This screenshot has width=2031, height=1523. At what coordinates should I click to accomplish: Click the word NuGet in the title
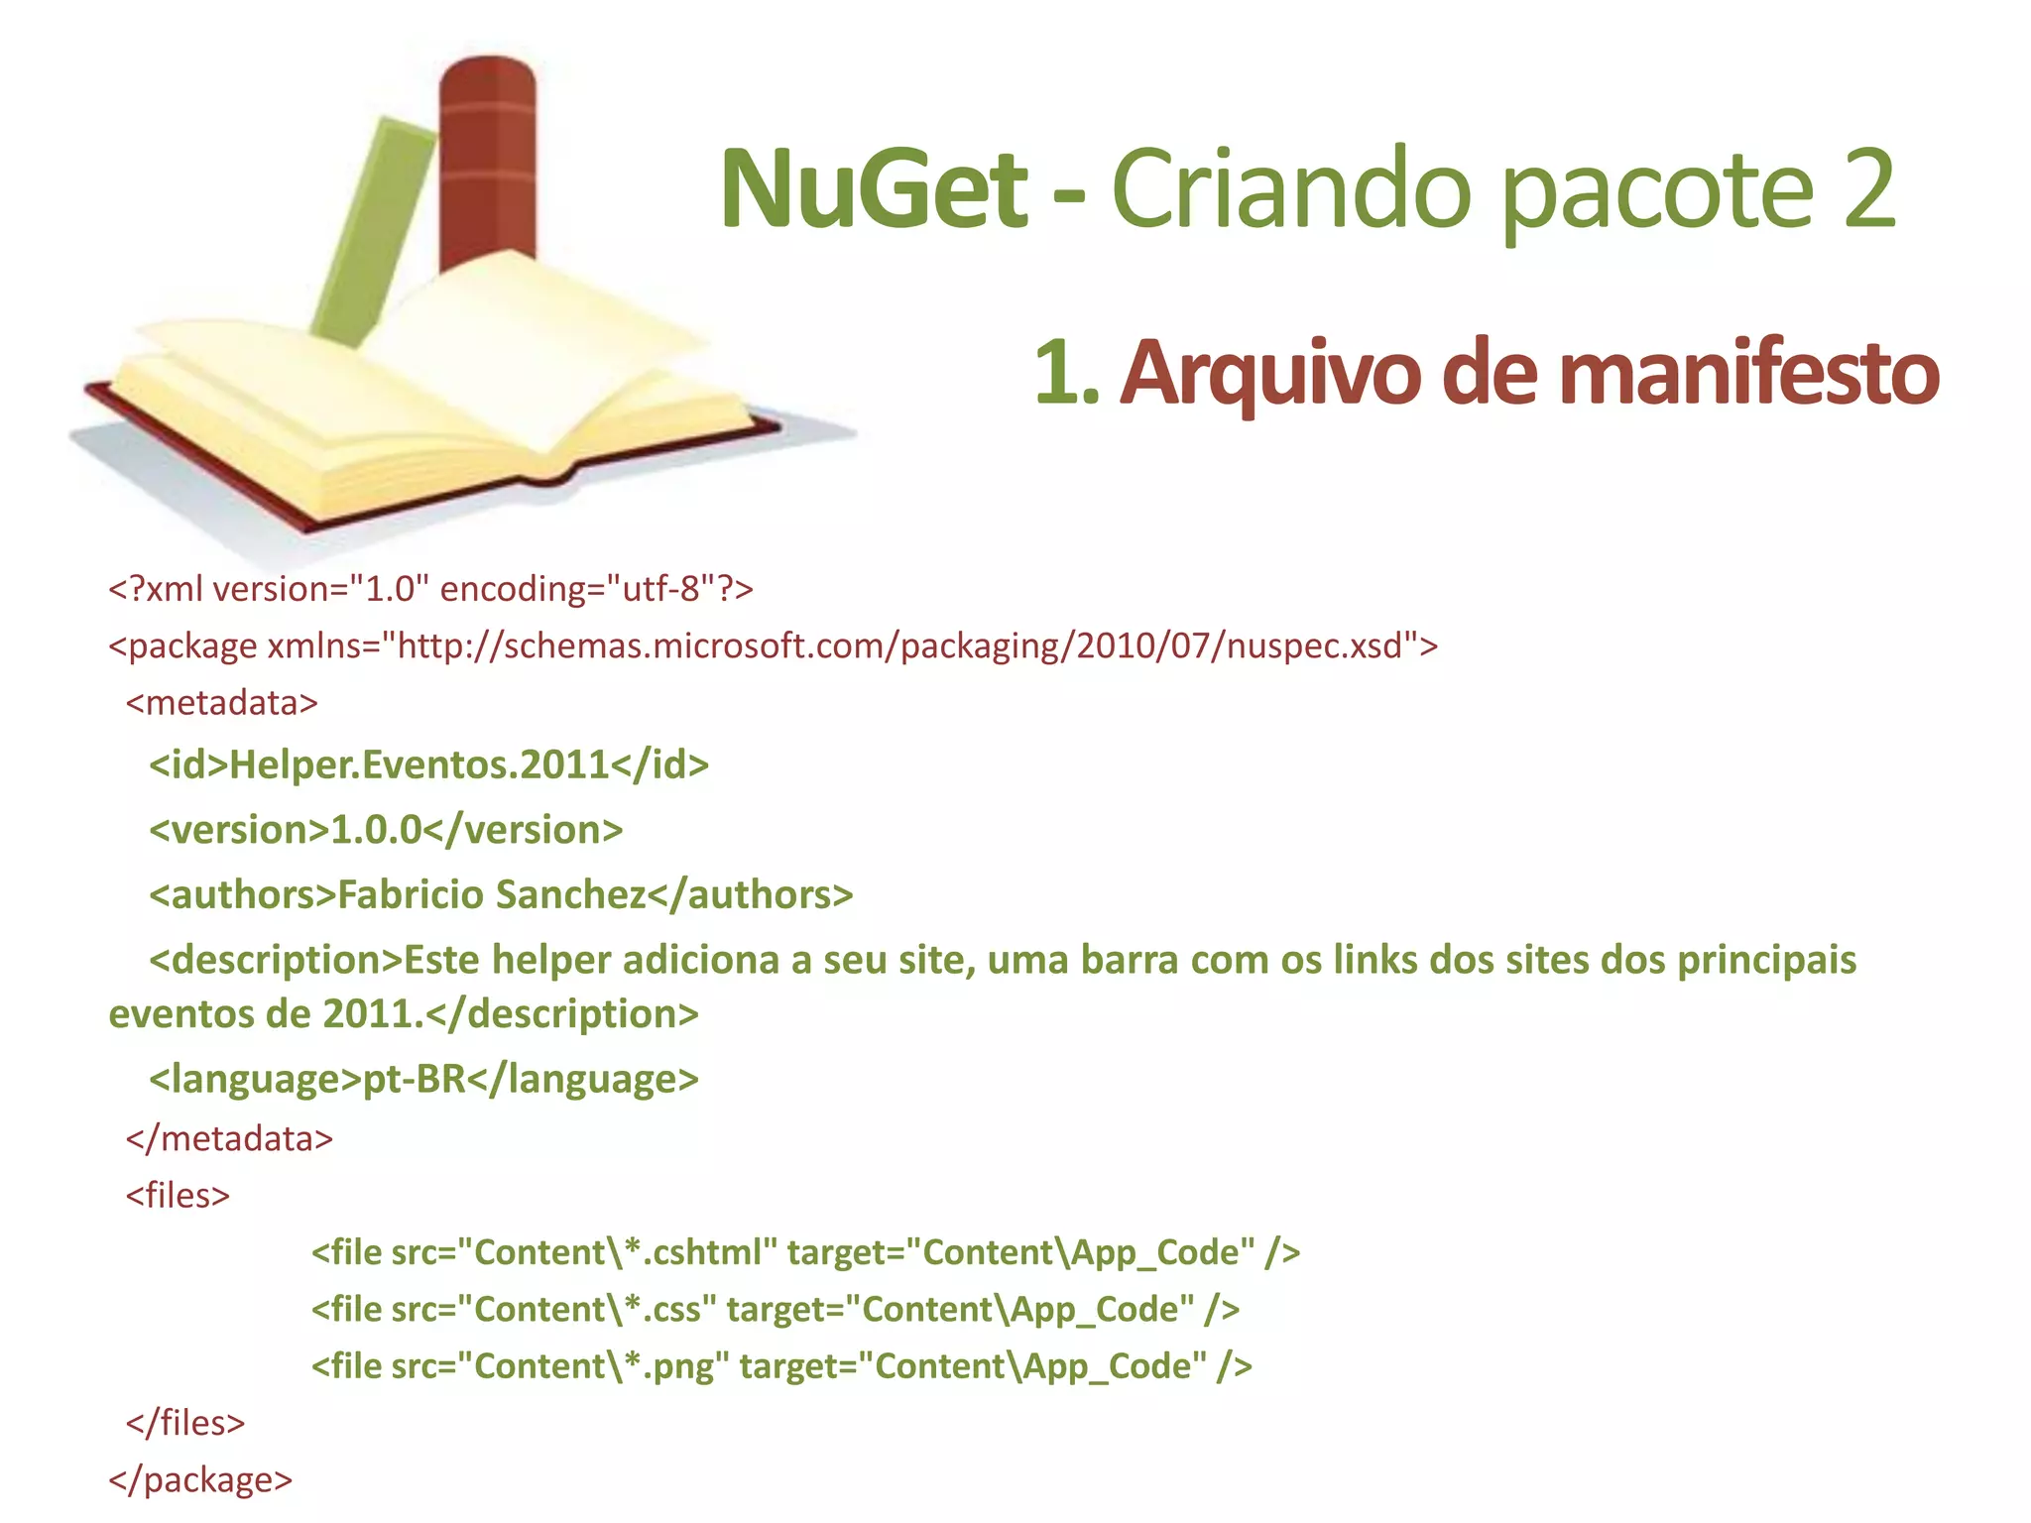874,188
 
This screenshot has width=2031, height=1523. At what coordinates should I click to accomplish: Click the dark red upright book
487,159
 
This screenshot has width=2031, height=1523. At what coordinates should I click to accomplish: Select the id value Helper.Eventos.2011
419,764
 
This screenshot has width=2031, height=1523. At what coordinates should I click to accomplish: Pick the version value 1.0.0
376,830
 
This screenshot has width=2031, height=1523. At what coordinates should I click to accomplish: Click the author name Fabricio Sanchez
492,894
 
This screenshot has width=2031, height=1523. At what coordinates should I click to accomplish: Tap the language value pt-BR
415,1079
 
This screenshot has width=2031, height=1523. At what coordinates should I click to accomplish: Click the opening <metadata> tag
222,703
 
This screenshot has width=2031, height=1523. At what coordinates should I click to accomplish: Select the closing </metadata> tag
229,1138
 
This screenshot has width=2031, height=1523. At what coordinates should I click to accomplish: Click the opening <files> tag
178,1195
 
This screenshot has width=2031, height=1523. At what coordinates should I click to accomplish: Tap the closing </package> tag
200,1479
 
